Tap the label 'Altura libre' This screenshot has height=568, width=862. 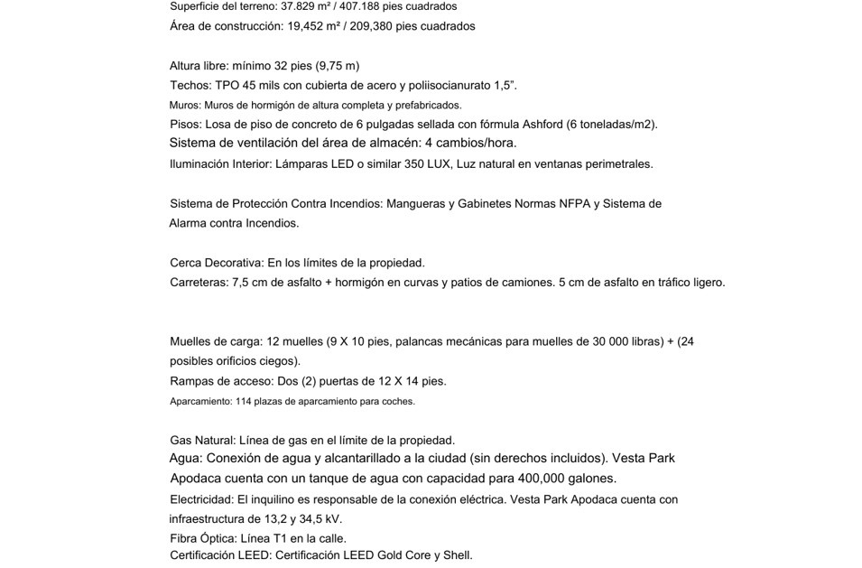point(199,66)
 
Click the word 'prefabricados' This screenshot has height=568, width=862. point(426,106)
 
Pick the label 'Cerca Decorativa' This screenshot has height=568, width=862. point(216,263)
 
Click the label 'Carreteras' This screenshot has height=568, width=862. point(199,283)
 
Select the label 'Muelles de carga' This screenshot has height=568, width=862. point(216,341)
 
